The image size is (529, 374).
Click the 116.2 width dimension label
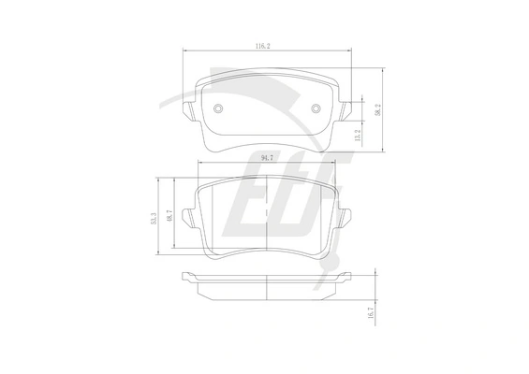click(262, 46)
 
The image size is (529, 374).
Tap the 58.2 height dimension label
click(378, 110)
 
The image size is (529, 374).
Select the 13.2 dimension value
click(358, 136)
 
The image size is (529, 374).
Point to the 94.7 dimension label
click(267, 158)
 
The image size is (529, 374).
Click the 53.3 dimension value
click(154, 219)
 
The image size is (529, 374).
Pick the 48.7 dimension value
click(169, 215)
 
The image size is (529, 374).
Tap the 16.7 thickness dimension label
click(371, 312)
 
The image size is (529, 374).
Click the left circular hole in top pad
click(218, 108)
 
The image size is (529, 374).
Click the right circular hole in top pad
click(316, 108)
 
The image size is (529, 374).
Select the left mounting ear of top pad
click(188, 110)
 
